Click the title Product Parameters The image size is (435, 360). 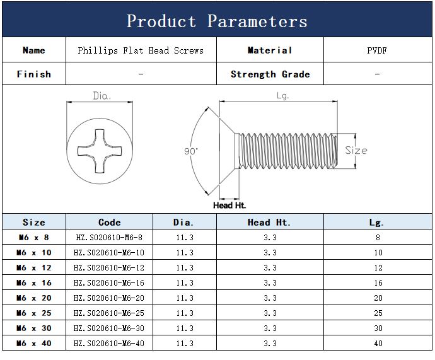click(x=217, y=21)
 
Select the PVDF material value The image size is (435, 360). click(x=377, y=50)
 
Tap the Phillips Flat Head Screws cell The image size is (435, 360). click(x=141, y=50)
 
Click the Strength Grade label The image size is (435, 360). click(x=270, y=74)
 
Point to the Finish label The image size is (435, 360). click(x=34, y=74)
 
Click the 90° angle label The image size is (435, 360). click(x=191, y=151)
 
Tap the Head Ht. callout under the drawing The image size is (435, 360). click(x=229, y=206)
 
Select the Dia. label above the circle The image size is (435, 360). click(x=101, y=96)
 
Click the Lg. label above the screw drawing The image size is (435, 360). click(x=283, y=96)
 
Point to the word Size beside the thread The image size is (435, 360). click(x=356, y=151)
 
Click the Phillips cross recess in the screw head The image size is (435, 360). click(x=100, y=151)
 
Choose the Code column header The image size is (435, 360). click(x=110, y=223)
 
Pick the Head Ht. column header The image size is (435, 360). click(x=269, y=223)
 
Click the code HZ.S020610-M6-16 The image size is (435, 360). click(x=109, y=283)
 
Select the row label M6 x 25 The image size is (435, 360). click(x=34, y=313)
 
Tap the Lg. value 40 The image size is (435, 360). click(x=378, y=344)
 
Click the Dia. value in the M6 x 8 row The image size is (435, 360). click(x=185, y=238)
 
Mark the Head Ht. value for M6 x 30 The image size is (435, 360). click(x=270, y=328)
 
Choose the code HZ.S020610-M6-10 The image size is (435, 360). click(x=109, y=253)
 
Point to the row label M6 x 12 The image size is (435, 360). click(x=34, y=268)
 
